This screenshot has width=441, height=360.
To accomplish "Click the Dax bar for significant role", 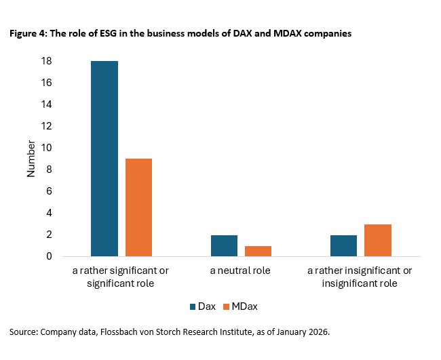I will pos(104,159).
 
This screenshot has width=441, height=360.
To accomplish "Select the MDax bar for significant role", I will pos(138,207).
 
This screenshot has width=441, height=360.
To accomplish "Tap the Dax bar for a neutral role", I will pos(224,245).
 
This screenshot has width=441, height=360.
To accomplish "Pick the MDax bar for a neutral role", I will pos(258,251).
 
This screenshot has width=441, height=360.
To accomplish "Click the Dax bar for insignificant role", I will pos(344,245).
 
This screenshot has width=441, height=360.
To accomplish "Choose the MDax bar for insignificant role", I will pos(378,240).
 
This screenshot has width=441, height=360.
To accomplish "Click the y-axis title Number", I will pos(31,159).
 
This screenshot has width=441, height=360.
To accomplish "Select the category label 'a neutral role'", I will pos(241,271).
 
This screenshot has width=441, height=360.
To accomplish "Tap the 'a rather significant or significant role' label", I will pos(121,277).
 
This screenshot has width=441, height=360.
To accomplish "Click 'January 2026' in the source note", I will pos(302,332).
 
